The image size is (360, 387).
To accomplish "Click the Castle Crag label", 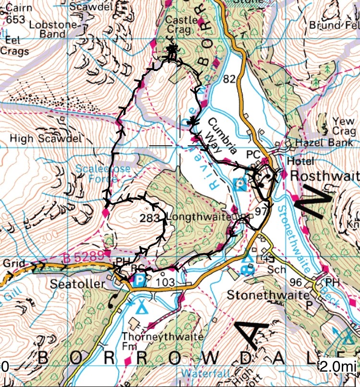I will pos(181,25).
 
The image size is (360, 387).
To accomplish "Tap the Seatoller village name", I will pos(77,284).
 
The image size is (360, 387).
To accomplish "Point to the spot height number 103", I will pos(165,282).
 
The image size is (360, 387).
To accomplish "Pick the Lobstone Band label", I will pos(47,29).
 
